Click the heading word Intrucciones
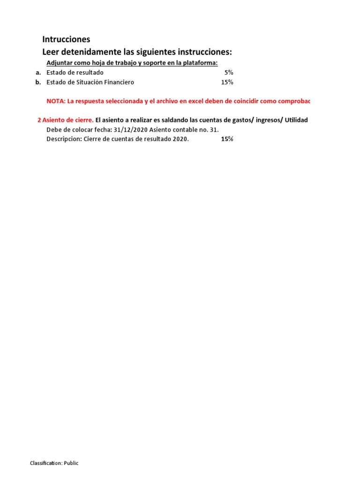tap(66, 39)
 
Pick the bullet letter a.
tap(38, 73)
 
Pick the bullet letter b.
tap(38, 82)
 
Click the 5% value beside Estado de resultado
tap(229, 73)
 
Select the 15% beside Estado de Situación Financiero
tap(227, 82)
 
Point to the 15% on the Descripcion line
tap(227, 139)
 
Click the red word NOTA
tap(55, 101)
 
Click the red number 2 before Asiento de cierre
tap(39, 120)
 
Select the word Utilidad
tap(295, 120)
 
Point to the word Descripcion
tap(64, 139)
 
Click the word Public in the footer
tap(71, 463)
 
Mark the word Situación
tap(88, 82)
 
